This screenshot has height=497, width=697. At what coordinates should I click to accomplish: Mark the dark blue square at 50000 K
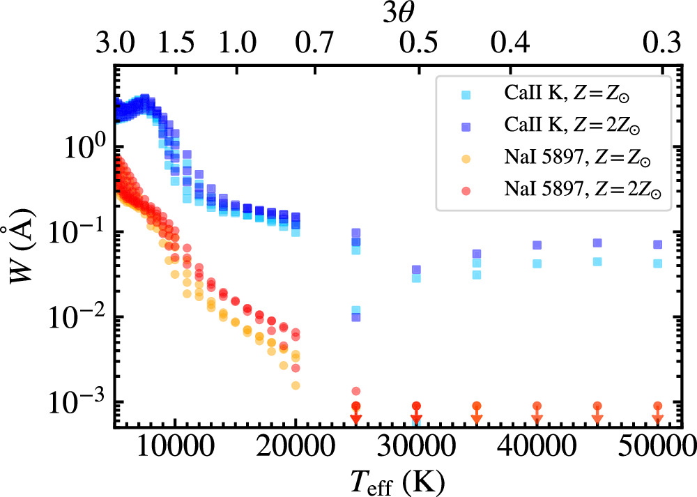coord(657,245)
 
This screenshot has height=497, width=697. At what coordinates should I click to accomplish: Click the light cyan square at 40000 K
coord(537,263)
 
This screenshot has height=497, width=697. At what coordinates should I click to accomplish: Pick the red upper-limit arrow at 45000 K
coord(597,413)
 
